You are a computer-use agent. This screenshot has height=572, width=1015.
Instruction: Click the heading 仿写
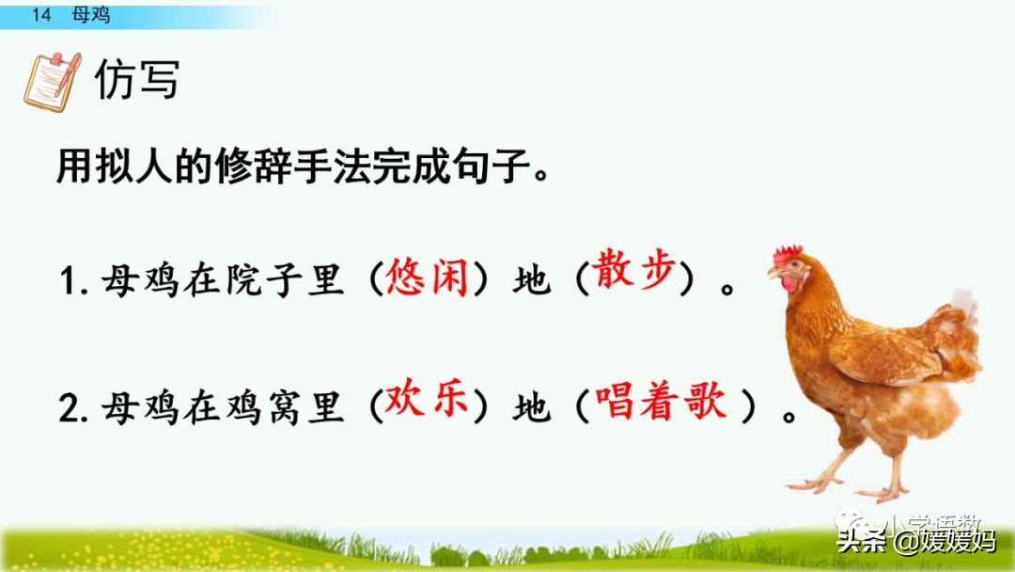pyautogui.click(x=136, y=81)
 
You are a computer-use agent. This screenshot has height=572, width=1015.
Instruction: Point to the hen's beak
pyautogui.click(x=773, y=273)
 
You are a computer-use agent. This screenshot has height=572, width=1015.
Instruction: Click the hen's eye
pyautogui.click(x=789, y=267)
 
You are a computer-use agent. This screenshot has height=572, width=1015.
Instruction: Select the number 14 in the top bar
pyautogui.click(x=39, y=15)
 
